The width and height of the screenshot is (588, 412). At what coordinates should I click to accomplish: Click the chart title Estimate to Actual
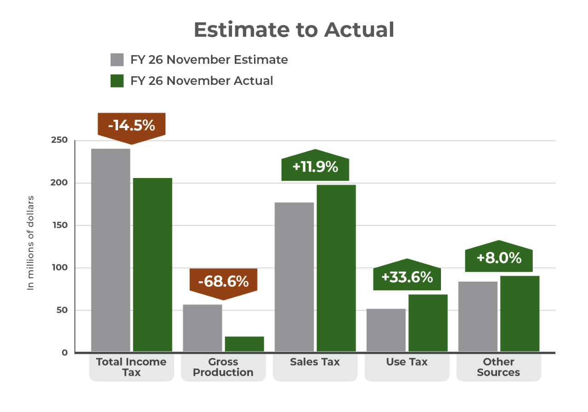[x=294, y=30]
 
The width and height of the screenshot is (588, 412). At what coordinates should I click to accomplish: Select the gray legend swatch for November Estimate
[x=117, y=60]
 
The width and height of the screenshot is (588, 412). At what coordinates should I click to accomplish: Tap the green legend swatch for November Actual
[x=117, y=81]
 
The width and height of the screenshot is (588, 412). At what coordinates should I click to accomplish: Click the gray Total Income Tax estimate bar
[x=111, y=250]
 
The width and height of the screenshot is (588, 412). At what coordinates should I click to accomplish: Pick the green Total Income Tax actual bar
[x=153, y=265]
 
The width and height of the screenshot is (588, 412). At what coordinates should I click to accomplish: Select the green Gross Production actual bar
[x=244, y=344]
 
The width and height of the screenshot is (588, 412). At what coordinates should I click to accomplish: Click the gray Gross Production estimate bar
[x=202, y=328]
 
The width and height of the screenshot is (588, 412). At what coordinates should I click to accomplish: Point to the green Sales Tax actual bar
[x=336, y=268]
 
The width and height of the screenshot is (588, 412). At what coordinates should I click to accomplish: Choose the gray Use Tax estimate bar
[x=386, y=330]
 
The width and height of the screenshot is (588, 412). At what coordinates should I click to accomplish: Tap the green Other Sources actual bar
[x=520, y=314]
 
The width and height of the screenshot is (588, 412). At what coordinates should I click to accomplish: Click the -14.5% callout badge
[x=131, y=126]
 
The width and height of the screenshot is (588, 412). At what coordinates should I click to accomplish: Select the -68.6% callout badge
[x=223, y=281]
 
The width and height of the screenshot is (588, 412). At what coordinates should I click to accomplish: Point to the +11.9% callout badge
[x=315, y=167]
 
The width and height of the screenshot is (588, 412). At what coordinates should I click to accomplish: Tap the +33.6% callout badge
[x=407, y=277]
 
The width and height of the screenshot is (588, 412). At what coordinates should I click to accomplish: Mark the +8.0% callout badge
[x=499, y=258]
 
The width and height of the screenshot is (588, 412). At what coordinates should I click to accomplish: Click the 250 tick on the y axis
[x=58, y=140]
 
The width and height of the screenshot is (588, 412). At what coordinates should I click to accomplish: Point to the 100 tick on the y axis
[x=59, y=268]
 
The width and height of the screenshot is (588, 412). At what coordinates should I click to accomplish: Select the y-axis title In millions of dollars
[x=31, y=243]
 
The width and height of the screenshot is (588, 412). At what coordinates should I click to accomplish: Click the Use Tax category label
[x=407, y=362]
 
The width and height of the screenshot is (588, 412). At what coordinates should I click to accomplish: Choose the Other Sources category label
[x=498, y=367]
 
